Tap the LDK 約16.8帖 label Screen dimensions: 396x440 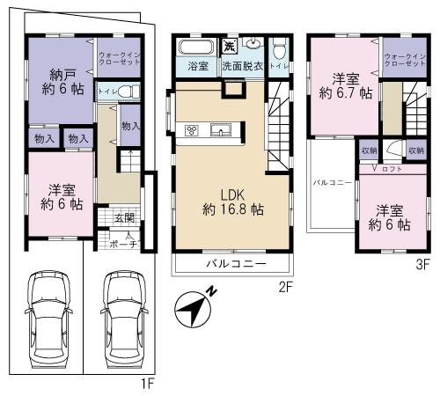[232, 202]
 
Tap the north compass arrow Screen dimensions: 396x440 [195, 309]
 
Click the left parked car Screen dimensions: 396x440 [48, 316]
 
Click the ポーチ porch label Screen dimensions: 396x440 [125, 244]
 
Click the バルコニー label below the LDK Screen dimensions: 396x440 [232, 263]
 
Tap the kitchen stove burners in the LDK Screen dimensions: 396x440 [193, 131]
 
